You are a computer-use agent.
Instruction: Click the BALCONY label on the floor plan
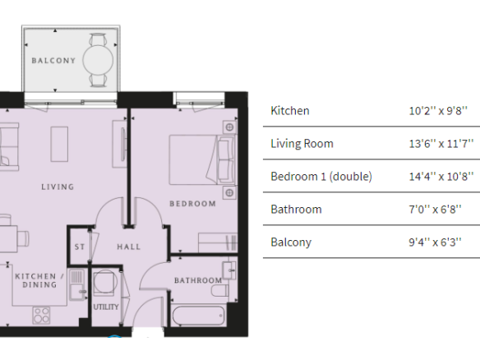click(53, 61)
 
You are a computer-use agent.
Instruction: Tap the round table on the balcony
click(98, 60)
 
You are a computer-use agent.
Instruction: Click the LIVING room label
click(58, 187)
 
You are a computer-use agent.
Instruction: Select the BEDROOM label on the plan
click(193, 204)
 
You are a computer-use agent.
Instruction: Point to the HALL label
click(129, 247)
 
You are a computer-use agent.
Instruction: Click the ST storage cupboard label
click(80, 247)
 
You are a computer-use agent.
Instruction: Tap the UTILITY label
click(106, 307)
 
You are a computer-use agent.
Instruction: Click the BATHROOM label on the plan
click(198, 280)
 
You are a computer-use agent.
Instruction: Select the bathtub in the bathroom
click(198, 316)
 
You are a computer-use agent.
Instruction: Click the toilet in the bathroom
click(219, 290)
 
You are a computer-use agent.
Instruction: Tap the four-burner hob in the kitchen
click(41, 316)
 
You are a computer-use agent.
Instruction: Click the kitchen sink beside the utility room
click(76, 284)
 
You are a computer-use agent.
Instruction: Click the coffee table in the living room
click(59, 144)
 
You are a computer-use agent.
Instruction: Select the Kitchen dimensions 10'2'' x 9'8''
click(438, 110)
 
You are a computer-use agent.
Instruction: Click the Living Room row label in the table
click(302, 144)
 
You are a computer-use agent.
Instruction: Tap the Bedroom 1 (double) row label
click(321, 177)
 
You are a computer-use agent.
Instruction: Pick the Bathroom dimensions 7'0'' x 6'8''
click(435, 210)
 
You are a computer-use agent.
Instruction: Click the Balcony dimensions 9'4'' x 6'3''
click(435, 242)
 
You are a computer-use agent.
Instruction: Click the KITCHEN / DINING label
click(39, 280)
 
